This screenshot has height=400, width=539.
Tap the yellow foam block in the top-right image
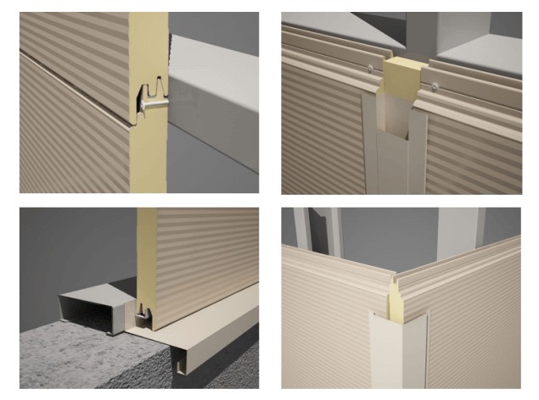click(x=401, y=81)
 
